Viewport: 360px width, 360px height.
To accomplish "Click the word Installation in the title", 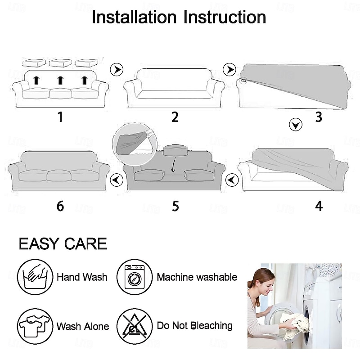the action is (x=134, y=17).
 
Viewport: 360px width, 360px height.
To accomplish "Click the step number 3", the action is (x=319, y=117).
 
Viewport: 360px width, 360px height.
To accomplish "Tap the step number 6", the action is (x=60, y=206).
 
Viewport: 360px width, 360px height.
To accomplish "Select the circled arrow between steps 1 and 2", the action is (x=117, y=69).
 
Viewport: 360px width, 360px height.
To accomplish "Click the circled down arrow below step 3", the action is (x=296, y=125).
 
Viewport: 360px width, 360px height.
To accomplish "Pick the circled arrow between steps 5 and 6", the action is (x=117, y=180).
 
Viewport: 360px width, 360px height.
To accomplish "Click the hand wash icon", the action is (x=35, y=277).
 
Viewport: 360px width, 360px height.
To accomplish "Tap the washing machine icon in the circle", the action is (x=135, y=277).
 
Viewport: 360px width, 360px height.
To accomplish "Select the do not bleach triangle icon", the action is (x=135, y=326).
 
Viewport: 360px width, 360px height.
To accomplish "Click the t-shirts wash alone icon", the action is (x=35, y=326).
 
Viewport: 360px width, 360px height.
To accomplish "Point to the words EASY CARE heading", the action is (x=63, y=243).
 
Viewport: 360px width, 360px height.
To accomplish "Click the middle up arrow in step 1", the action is (x=60, y=81).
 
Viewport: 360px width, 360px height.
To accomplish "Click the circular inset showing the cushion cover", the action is (x=135, y=144).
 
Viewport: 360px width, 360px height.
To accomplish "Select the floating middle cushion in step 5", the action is (x=176, y=151).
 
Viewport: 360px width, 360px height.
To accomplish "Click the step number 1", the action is (x=60, y=117).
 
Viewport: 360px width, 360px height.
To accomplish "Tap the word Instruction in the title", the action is (x=225, y=17).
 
